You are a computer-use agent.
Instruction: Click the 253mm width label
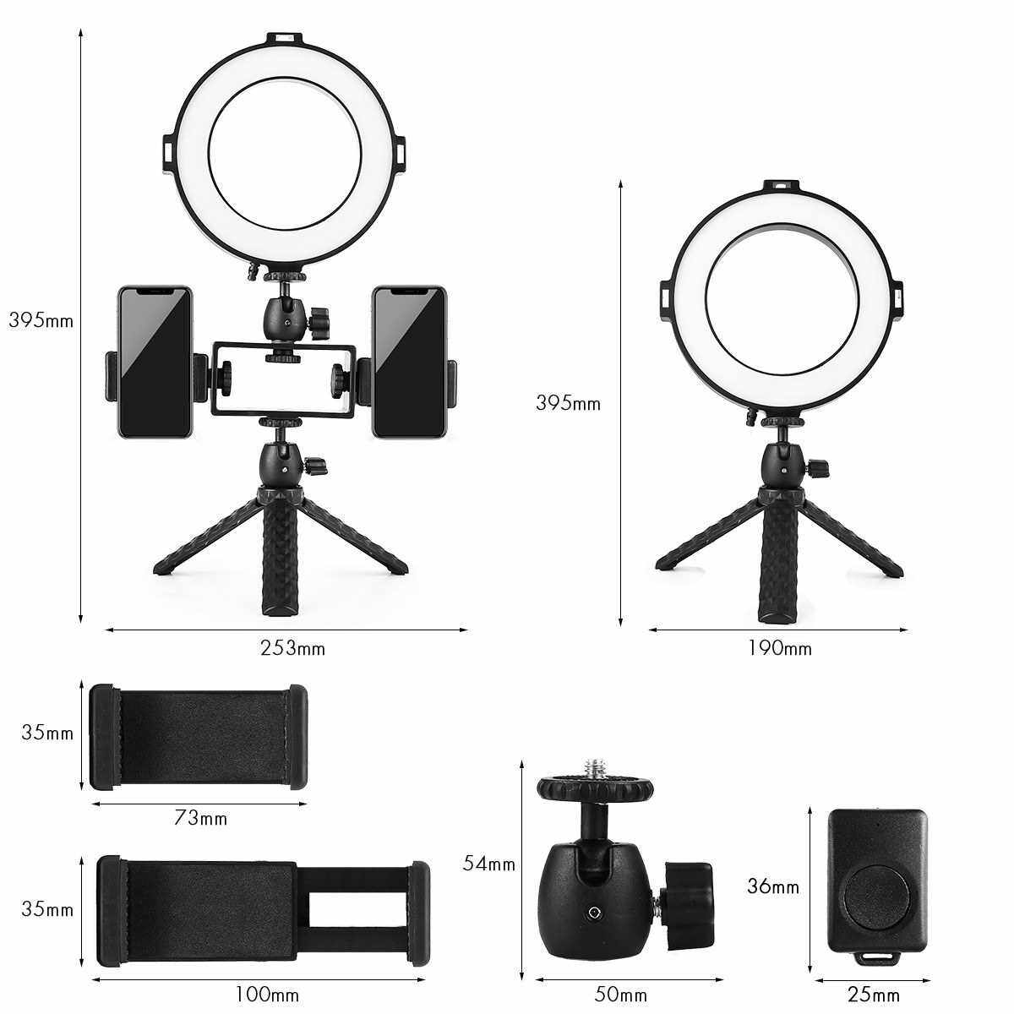pos(292,648)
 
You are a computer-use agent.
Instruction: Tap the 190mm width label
pos(780,648)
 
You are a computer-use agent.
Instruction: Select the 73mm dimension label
pos(200,818)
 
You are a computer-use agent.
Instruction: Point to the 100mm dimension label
pos(267,980)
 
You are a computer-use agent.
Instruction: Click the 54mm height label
pos(489,864)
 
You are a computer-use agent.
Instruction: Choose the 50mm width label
pos(621,980)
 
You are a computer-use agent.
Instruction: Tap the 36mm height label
pos(773,886)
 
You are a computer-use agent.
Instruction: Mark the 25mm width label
pos(874,980)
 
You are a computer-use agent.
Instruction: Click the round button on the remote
pos(876,897)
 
